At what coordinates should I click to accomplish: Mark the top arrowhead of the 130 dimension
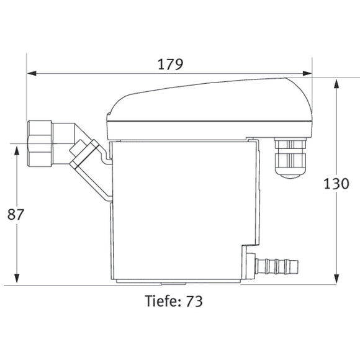click(x=336, y=83)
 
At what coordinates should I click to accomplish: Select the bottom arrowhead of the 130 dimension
click(x=336, y=280)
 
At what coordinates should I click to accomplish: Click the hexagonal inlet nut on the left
click(x=40, y=144)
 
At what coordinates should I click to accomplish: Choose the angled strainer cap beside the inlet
click(x=85, y=154)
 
